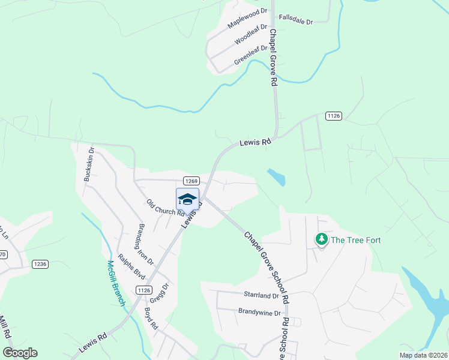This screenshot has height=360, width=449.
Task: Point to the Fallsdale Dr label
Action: click(x=297, y=22)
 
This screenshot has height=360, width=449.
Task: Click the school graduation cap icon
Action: click(x=187, y=199)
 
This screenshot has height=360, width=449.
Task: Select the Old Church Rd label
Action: click(x=165, y=208)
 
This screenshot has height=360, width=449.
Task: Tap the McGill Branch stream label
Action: click(x=116, y=282)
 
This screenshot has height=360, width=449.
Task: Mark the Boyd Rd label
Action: click(x=150, y=319)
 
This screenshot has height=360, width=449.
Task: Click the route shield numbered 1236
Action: click(x=40, y=263)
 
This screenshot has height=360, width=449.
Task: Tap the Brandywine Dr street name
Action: click(x=260, y=313)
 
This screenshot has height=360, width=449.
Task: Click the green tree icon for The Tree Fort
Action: click(x=322, y=239)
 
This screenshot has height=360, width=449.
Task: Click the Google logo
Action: click(x=20, y=353)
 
